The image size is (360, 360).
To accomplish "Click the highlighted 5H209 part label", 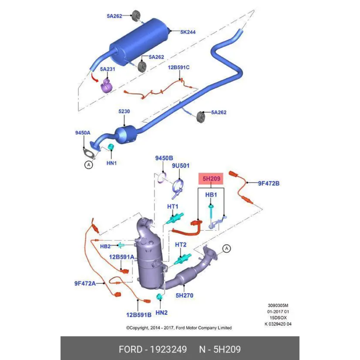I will [211, 179].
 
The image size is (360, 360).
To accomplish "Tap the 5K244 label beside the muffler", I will [188, 32].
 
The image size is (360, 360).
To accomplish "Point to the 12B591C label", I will [179, 67].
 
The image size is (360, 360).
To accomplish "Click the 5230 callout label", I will [124, 111].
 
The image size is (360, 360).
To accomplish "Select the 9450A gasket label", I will [83, 133].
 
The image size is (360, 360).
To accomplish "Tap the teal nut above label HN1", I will [110, 146].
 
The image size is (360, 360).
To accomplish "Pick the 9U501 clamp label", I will [181, 166].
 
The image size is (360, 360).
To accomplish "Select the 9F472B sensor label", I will [269, 183].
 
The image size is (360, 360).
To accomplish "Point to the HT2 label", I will [181, 245].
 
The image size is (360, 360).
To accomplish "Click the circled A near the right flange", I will [227, 249].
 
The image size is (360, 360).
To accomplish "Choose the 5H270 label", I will [184, 296].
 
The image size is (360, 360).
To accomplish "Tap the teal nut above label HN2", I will [159, 296].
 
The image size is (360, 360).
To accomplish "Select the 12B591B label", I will [139, 315].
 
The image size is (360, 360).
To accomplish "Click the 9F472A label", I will [85, 283].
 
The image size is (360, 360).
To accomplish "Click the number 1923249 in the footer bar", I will [168, 349].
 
